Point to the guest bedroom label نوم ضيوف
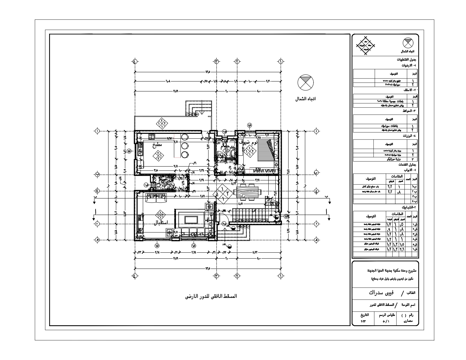249,143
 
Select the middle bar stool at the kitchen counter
185,146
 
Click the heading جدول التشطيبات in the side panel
406,60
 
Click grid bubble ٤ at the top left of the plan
134,61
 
